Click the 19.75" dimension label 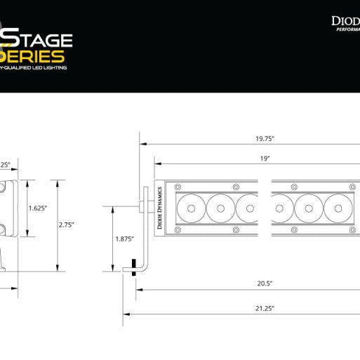(265, 138)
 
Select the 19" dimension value (265, 159)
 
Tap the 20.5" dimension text (265, 284)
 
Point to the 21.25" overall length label (265, 308)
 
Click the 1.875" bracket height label (125, 239)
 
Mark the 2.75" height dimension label (67, 225)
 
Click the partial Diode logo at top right (345, 22)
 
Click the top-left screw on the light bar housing (177, 187)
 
